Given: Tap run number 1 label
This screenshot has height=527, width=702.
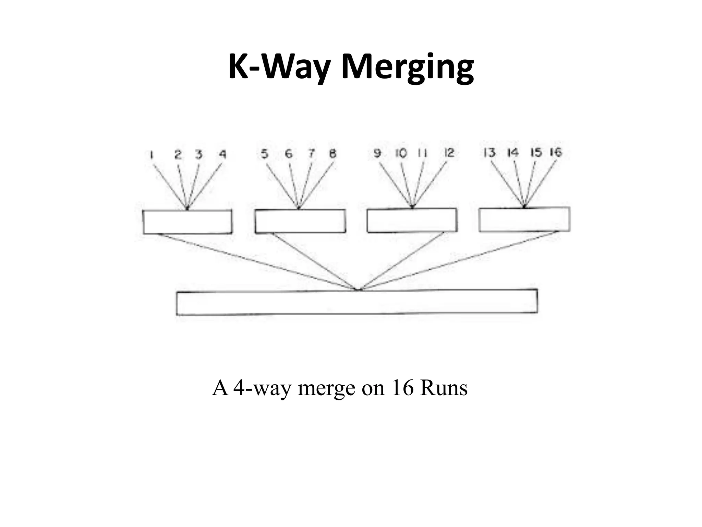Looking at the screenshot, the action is (151, 155).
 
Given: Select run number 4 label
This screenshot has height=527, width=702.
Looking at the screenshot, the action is (222, 155).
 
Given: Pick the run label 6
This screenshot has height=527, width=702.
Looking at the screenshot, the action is (289, 154).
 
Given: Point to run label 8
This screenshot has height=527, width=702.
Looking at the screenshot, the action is (332, 154).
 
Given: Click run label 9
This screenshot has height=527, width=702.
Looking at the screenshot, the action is (377, 153).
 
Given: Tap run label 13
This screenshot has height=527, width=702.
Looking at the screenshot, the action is (489, 152).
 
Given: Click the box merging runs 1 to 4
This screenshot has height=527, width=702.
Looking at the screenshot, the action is (187, 222).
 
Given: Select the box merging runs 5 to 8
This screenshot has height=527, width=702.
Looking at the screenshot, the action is (300, 221).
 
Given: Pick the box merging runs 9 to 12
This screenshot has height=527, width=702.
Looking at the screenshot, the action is (412, 220).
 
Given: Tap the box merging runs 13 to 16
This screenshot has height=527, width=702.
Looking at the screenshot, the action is (524, 219).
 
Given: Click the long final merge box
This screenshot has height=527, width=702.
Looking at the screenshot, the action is (357, 302).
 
